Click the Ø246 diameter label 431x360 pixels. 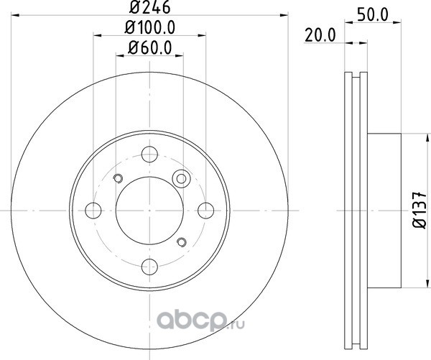[150, 7]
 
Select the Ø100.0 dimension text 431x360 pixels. [150, 28]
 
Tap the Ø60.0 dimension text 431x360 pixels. [150, 48]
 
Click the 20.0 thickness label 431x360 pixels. [320, 35]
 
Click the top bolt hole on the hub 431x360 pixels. [149, 154]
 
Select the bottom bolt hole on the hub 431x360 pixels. [149, 267]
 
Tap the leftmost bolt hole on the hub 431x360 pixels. [93, 211]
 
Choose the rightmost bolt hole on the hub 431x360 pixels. [206, 211]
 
